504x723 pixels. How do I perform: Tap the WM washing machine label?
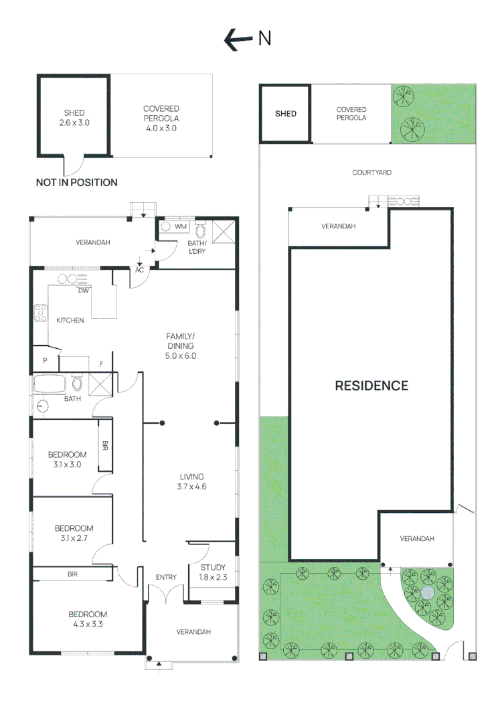pos(180,227)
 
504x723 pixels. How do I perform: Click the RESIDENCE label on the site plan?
pos(371,386)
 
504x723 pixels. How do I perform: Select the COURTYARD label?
pos(371,173)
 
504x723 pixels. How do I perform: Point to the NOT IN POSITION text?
pos(76,182)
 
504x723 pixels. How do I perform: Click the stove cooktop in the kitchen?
pos(39,311)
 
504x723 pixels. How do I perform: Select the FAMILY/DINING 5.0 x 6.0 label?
pos(181,345)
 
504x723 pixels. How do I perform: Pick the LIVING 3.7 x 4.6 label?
pos(191,481)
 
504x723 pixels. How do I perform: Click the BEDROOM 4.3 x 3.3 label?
pos(87,619)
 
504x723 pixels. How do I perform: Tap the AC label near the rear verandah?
pos(140,270)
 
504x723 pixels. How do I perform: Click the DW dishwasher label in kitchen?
pos(84,291)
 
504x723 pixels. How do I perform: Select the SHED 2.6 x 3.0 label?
pos(74,118)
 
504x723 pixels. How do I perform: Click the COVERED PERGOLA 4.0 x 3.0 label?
pos(161,118)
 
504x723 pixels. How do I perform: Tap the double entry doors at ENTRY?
pos(165,592)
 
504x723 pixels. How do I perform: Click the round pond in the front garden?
pos(428,593)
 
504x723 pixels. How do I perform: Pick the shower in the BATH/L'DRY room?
pos(224,232)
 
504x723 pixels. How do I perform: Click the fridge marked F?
pos(101,364)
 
